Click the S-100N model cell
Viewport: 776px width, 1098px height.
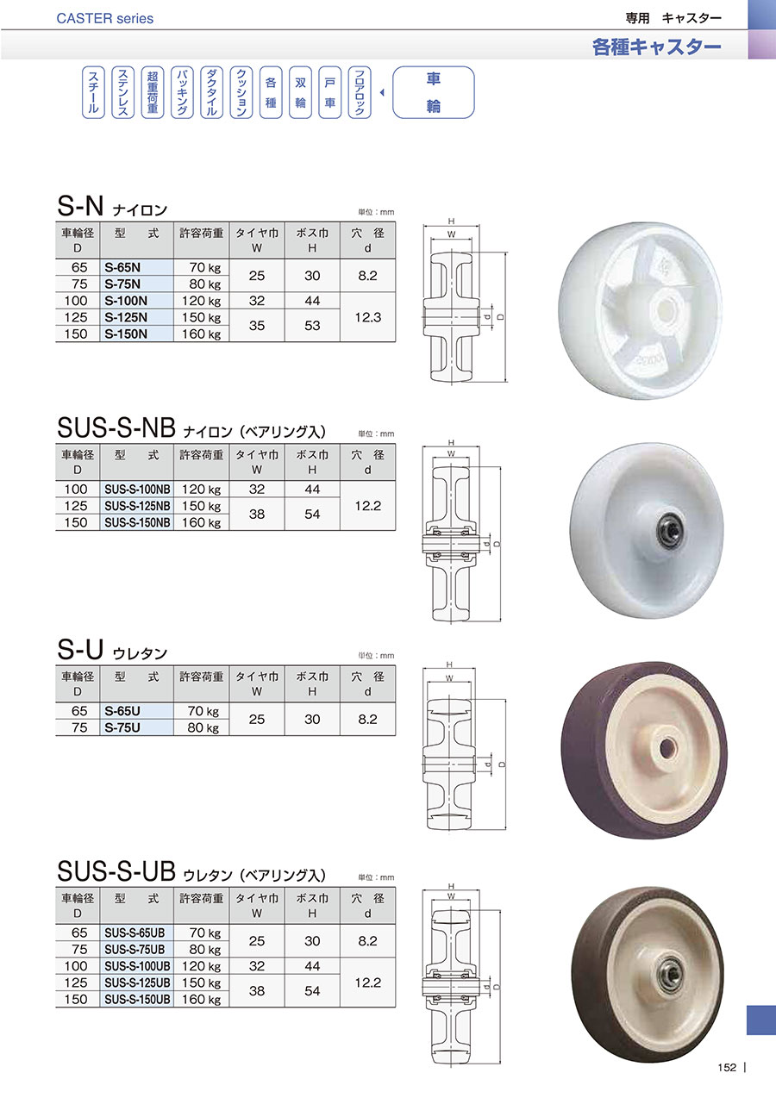point(136,301)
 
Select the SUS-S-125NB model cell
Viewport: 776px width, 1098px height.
point(137,505)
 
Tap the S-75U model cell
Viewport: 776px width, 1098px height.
point(136,727)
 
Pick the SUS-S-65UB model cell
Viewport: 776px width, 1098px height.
point(137,933)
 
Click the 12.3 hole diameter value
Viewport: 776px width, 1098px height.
point(368,317)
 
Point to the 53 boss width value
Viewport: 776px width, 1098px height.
point(312,326)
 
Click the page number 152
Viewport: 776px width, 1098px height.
point(727,1067)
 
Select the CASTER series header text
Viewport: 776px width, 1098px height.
point(105,19)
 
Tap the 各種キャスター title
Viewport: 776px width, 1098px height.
point(656,47)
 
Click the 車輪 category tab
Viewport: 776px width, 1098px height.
point(433,92)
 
